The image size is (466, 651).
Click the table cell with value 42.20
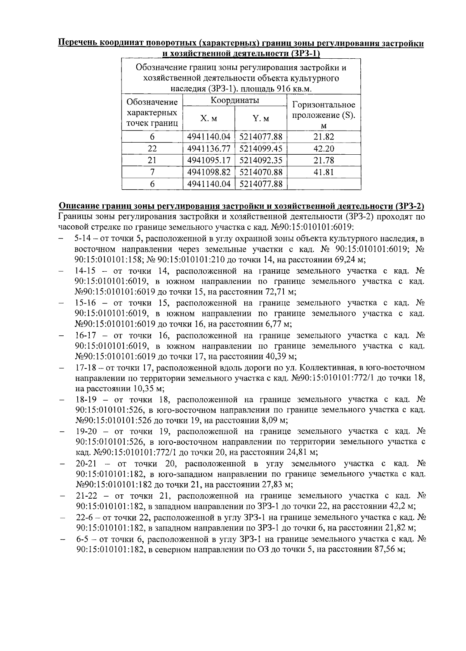point(324,148)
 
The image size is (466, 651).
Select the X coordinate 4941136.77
point(209,148)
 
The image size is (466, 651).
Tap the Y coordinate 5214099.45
point(261,148)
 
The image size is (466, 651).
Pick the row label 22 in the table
point(152,148)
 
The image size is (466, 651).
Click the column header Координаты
point(235,101)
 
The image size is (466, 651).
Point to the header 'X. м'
point(208,119)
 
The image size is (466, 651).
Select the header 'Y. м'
point(261,119)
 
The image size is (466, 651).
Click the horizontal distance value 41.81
point(324,172)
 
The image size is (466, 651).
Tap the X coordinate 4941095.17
point(209,160)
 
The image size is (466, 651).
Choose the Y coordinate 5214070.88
point(261,172)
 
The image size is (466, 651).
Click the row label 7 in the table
point(152,172)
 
